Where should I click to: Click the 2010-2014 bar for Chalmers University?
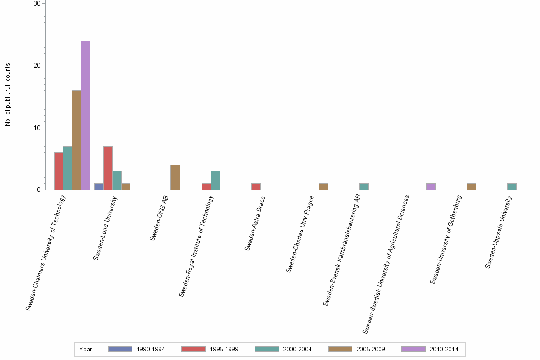pos(85,116)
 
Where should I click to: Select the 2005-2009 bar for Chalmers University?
pos(76,140)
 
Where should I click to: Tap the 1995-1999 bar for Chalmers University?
pos(59,171)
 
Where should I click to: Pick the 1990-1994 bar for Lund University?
pos(99,187)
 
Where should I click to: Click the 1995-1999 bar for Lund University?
pos(108,168)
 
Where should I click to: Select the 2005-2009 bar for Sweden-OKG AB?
pos(175,178)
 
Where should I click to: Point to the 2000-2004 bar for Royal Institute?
pos(216,180)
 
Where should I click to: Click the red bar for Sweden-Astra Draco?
pos(256,187)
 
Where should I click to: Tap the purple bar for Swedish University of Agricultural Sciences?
pos(430,187)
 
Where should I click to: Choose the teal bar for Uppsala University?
pos(512,187)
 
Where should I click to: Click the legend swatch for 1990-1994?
pos(120,349)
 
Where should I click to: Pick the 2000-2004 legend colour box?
pos(267,349)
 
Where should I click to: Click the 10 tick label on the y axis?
pos(37,128)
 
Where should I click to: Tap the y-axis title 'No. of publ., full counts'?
pos(8,95)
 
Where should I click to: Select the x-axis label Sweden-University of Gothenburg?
pos(446,240)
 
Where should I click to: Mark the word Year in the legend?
pos(86,349)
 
